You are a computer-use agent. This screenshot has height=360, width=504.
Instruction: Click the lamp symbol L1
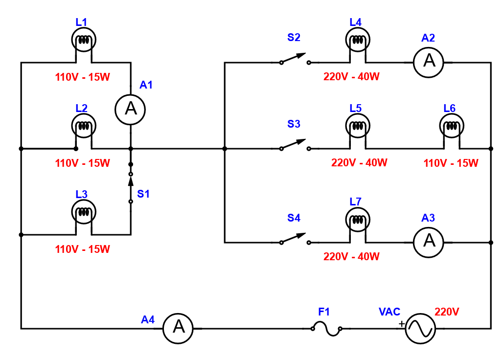point(84,40)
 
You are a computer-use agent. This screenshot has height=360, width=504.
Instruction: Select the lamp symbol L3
point(84,212)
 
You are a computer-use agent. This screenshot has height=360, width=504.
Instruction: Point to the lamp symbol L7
point(358,220)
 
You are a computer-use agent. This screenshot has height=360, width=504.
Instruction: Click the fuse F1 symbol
point(326,329)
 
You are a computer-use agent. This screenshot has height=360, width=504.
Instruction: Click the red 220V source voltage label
point(447,312)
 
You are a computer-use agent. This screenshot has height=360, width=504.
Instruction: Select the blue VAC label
point(389,312)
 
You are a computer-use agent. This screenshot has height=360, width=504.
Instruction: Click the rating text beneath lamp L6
point(451,163)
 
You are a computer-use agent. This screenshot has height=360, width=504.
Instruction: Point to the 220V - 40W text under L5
point(359,163)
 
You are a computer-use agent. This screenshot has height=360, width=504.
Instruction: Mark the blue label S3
point(294,124)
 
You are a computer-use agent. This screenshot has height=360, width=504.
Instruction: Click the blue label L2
point(81,108)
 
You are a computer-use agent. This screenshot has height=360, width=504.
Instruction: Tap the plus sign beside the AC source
point(402,324)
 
